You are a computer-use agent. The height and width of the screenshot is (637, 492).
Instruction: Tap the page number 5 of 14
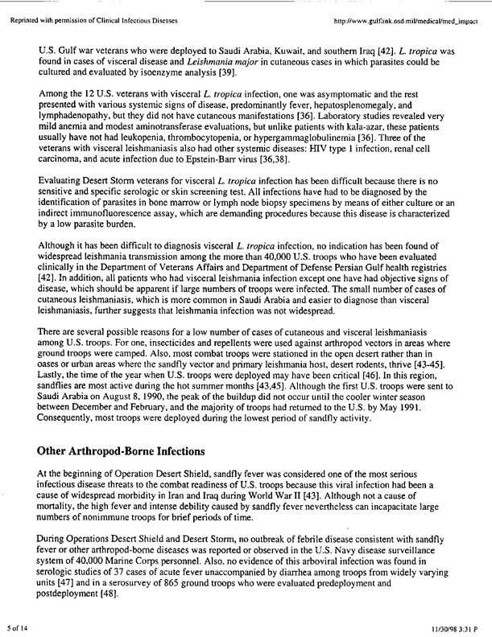(19, 626)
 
